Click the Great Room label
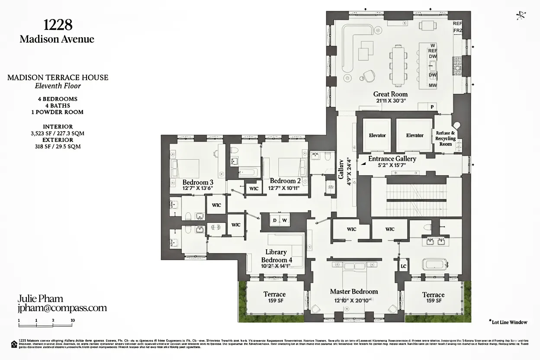tap(390, 94)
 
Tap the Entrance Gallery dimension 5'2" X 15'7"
tap(392, 165)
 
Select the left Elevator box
tap(377, 135)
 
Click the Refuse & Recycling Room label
tap(445, 138)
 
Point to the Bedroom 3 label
tap(198, 182)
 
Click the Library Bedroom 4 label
tap(276, 256)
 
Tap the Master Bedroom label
tap(354, 292)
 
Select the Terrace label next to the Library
tap(274, 294)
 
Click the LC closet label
tap(403, 267)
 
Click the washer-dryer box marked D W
tap(279, 220)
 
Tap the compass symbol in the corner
tap(521, 16)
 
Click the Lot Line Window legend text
tap(509, 322)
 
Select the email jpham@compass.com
tap(62, 308)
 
